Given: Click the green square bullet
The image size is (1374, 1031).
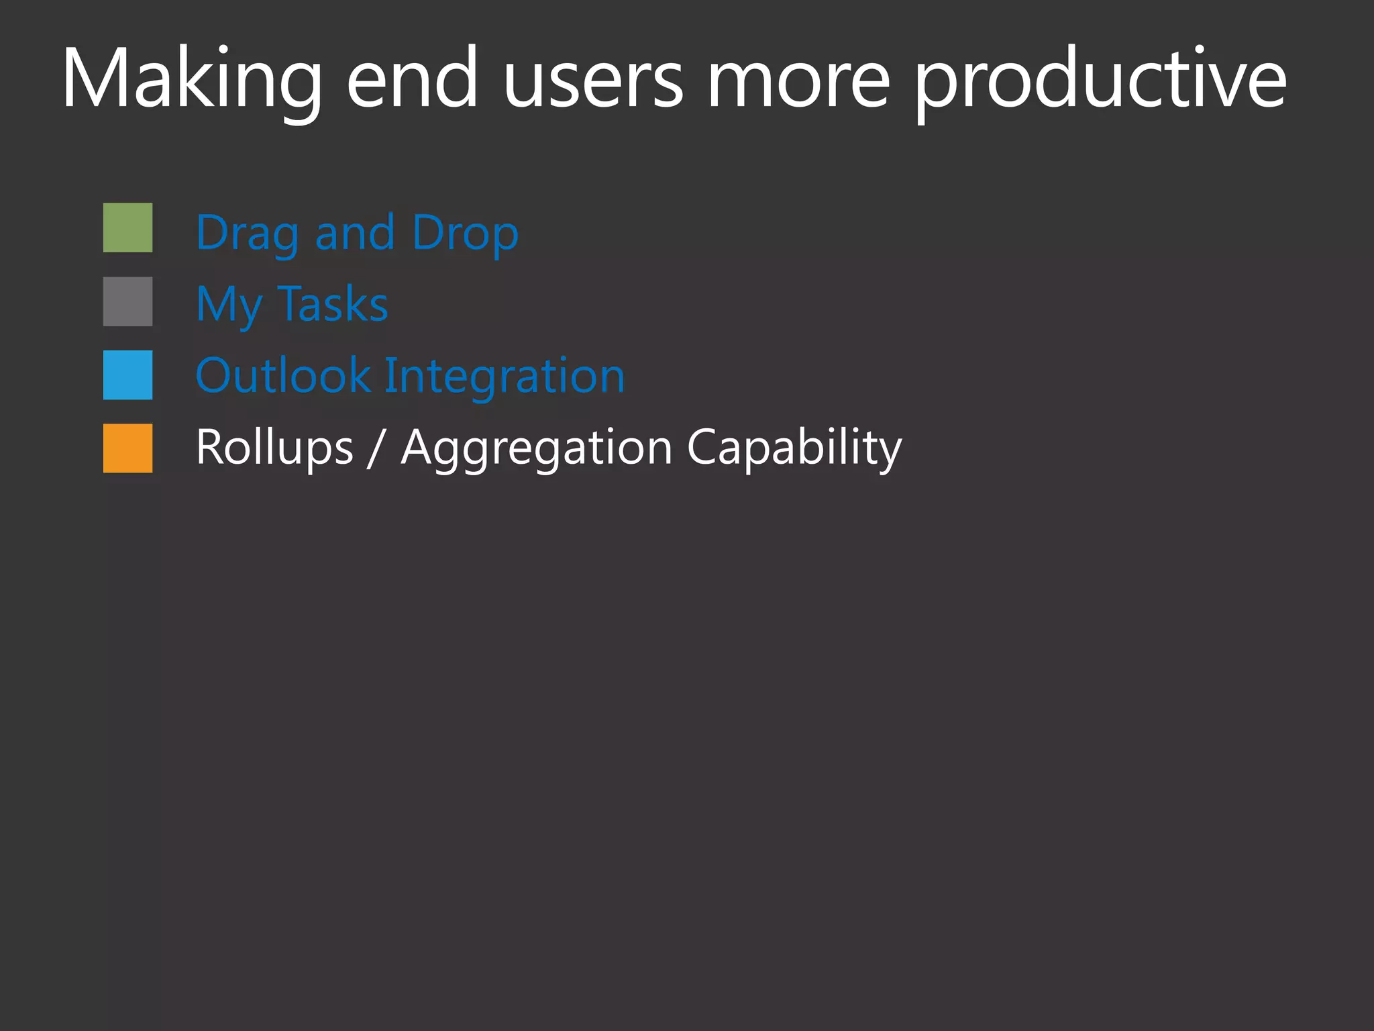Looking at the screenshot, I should coord(127,228).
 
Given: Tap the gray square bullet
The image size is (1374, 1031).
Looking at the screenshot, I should coord(127,301).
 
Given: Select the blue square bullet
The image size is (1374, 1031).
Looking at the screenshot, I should coord(127,375).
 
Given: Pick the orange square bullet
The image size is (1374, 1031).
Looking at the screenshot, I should coord(127,448).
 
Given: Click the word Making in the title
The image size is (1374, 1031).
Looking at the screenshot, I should coord(192,79).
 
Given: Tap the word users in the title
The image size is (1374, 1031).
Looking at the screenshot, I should coord(593,79).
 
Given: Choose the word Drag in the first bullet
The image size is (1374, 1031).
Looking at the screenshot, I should coord(247,234).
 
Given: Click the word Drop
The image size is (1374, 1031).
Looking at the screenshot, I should coord(465,234).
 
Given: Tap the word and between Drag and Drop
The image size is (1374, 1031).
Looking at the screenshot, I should coord(355,232).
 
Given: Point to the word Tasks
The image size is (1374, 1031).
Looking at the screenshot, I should coord(333,303).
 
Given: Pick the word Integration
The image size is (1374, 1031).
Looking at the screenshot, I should coord(505,376).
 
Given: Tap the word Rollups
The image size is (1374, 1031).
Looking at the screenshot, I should coord(274,448).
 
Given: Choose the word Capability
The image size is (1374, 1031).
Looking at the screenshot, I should coord(794,448).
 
